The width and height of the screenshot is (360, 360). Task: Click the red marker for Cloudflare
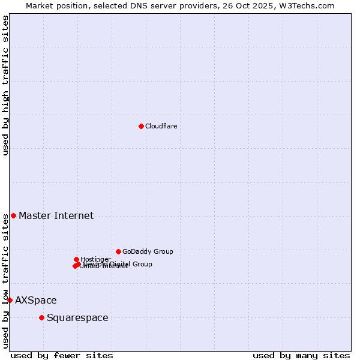(141, 126)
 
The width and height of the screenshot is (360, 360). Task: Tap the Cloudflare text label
(161, 126)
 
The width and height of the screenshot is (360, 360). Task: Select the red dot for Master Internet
(13, 215)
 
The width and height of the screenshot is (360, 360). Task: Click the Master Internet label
(56, 216)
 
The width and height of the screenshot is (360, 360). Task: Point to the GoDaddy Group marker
(118, 251)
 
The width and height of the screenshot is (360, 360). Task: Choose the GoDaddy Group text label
(148, 252)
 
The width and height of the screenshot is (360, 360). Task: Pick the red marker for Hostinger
(76, 259)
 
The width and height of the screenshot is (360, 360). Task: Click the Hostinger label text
(95, 259)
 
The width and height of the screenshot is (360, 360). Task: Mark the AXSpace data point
(10, 300)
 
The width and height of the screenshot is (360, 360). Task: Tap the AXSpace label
(36, 301)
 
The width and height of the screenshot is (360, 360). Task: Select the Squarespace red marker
(41, 317)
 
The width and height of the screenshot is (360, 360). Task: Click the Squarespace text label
(77, 318)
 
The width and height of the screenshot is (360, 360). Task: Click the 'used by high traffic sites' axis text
(6, 85)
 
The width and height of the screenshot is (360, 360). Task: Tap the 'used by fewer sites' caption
(62, 355)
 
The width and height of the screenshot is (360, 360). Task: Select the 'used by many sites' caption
(301, 355)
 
